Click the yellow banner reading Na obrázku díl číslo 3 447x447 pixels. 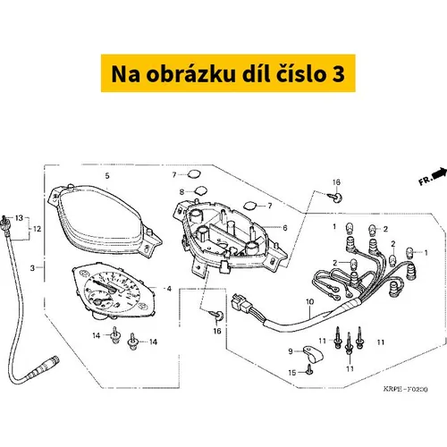(228, 73)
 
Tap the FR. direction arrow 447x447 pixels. (440, 173)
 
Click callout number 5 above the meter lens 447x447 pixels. (107, 175)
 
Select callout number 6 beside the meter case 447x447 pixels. (285, 228)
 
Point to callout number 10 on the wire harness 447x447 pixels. (310, 302)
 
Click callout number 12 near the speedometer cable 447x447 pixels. (37, 229)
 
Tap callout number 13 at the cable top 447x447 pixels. (19, 218)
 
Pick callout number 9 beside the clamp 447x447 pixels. (291, 351)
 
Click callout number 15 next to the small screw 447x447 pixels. (292, 373)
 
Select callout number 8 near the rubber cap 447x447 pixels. (181, 192)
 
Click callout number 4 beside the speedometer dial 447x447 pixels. (169, 289)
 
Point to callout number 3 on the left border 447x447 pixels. (32, 268)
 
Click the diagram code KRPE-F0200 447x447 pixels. (405, 389)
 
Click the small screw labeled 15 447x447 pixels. (310, 370)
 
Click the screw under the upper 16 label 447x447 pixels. (335, 197)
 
